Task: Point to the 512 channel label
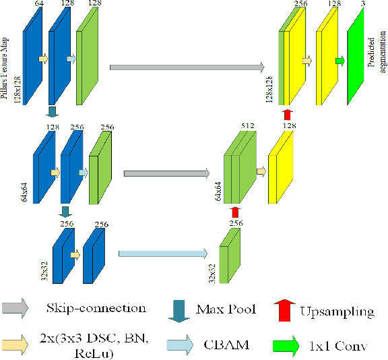tap(247, 125)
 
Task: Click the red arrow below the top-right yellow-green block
tap(288, 114)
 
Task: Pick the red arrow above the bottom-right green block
tap(235, 212)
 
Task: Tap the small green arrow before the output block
tap(339, 62)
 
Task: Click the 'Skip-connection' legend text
tap(96, 309)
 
